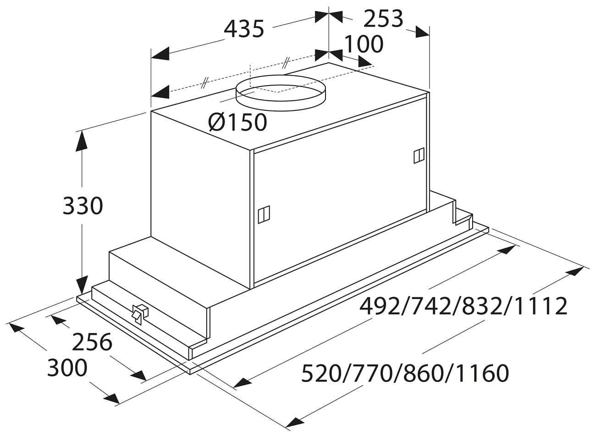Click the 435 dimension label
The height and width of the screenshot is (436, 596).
coord(244,28)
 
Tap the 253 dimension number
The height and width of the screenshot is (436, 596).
coord(383,19)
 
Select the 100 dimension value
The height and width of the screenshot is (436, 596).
coord(364,44)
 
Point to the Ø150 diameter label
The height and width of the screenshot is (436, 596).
coord(237,122)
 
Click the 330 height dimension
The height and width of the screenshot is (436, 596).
coord(83,205)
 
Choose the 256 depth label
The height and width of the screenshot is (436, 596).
coord(92,342)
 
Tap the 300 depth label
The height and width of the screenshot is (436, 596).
coord(67,367)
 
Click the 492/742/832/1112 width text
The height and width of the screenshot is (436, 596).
coord(463,306)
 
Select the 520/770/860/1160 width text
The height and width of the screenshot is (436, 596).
coord(405,373)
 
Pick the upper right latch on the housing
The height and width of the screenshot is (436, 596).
coord(419,156)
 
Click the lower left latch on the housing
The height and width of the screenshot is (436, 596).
coord(264,214)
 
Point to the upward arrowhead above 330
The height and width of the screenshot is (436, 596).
coord(82,141)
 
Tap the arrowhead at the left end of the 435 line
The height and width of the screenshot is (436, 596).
coord(160,54)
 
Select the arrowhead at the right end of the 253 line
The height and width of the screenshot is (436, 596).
coord(423,33)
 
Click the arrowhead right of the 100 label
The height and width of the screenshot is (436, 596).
coord(364,62)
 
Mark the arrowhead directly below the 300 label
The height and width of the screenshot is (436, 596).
coord(111,399)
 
